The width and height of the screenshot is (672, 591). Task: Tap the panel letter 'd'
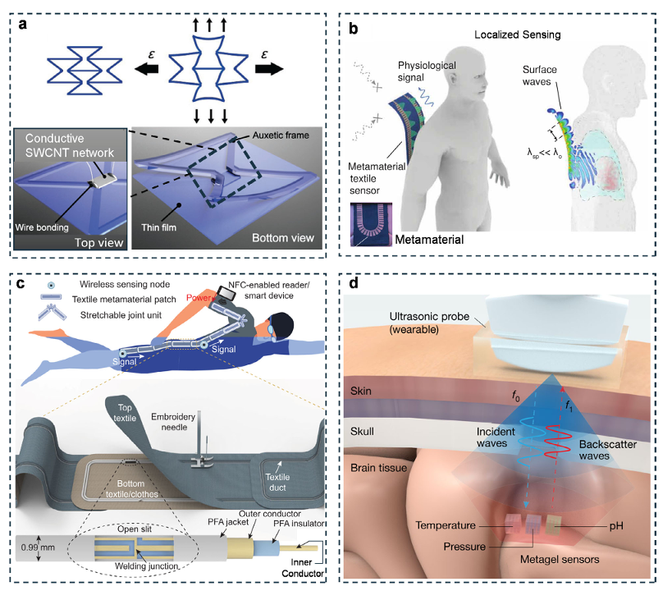click(354, 285)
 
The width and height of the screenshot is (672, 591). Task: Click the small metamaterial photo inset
click(373, 223)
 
